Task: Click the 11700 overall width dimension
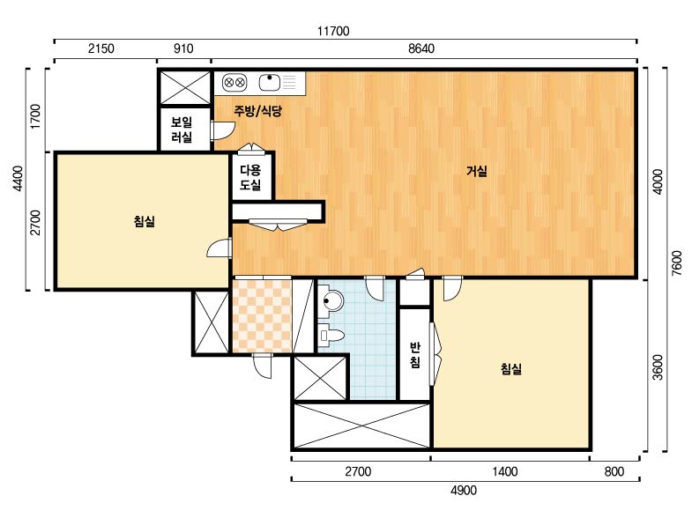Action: pyautogui.click(x=333, y=31)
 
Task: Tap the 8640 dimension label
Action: pyautogui.click(x=421, y=48)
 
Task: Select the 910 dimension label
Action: pyautogui.click(x=183, y=48)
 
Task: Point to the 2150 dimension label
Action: pyautogui.click(x=101, y=48)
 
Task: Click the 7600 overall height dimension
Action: pyautogui.click(x=676, y=263)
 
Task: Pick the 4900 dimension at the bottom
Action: pyautogui.click(x=464, y=490)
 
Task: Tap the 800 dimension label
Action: pyautogui.click(x=614, y=471)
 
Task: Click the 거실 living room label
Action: pyautogui.click(x=477, y=171)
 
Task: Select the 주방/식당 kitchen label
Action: pyautogui.click(x=257, y=111)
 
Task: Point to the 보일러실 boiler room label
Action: pyautogui.click(x=182, y=129)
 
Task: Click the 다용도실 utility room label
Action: pyautogui.click(x=250, y=177)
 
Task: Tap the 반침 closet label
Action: pyautogui.click(x=415, y=355)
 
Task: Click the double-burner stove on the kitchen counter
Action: pyautogui.click(x=234, y=83)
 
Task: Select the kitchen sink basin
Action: pyautogui.click(x=270, y=82)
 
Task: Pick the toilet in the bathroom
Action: pyautogui.click(x=331, y=336)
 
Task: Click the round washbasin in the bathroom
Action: pyautogui.click(x=331, y=300)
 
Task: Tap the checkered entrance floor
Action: pyautogui.click(x=262, y=315)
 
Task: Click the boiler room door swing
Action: pyautogui.click(x=222, y=130)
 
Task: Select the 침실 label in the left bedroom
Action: pyautogui.click(x=145, y=221)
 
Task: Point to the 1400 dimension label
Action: pyautogui.click(x=505, y=471)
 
